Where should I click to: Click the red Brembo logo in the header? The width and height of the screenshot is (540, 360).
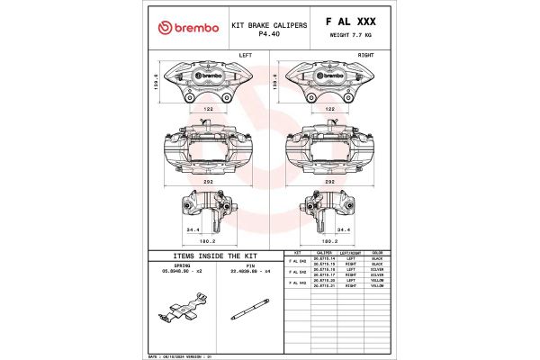tap(188, 28)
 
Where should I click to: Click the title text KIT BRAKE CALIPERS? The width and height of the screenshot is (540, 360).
tap(269, 25)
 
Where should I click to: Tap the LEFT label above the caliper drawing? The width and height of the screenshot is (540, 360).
tap(245, 55)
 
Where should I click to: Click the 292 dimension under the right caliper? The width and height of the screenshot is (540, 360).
tap(329, 181)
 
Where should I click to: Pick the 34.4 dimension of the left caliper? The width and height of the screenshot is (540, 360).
tap(193, 230)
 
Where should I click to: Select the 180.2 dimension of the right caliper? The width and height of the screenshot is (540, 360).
tap(329, 240)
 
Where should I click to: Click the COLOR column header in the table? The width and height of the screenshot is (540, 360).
tap(378, 253)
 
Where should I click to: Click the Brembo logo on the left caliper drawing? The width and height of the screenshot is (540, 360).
tap(208, 75)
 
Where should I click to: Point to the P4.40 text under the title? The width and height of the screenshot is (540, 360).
tap(269, 33)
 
